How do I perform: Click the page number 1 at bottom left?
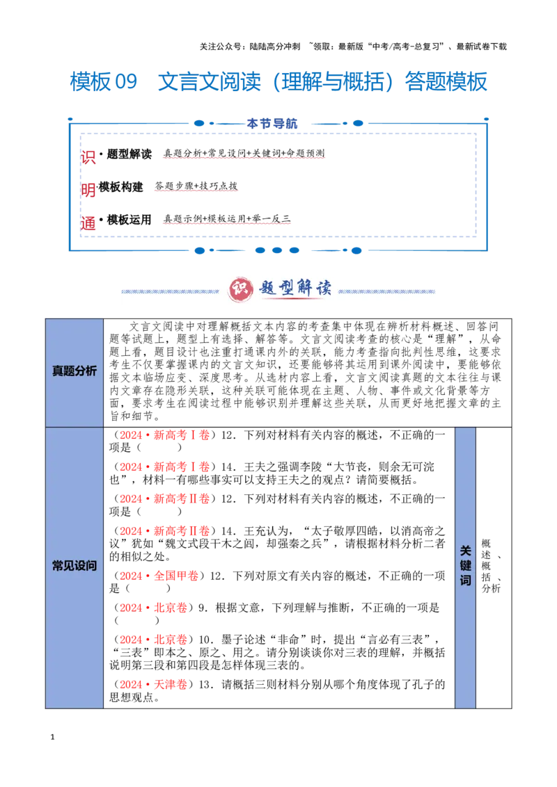pyautogui.click(x=52, y=737)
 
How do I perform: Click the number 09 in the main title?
pyautogui.click(x=126, y=82)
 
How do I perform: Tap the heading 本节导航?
pyautogui.click(x=272, y=124)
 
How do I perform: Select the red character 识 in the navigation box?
pyautogui.click(x=88, y=157)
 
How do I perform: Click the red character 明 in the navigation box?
pyautogui.click(x=88, y=190)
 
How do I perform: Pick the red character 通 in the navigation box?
pyautogui.click(x=88, y=223)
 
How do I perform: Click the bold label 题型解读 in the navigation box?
pyautogui.click(x=130, y=154)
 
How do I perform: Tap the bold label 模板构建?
pyautogui.click(x=120, y=187)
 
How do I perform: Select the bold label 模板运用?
pyautogui.click(x=130, y=219)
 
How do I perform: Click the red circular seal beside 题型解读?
pyautogui.click(x=241, y=289)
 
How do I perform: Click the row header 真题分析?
pyautogui.click(x=74, y=371)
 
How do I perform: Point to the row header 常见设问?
pyautogui.click(x=74, y=566)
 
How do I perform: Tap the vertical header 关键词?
pyautogui.click(x=466, y=566)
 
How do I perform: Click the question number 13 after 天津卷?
pyautogui.click(x=205, y=684)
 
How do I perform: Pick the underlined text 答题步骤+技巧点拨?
pyautogui.click(x=196, y=186)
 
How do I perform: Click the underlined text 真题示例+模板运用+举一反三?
pyautogui.click(x=227, y=218)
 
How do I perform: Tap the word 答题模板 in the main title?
pyautogui.click(x=446, y=82)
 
